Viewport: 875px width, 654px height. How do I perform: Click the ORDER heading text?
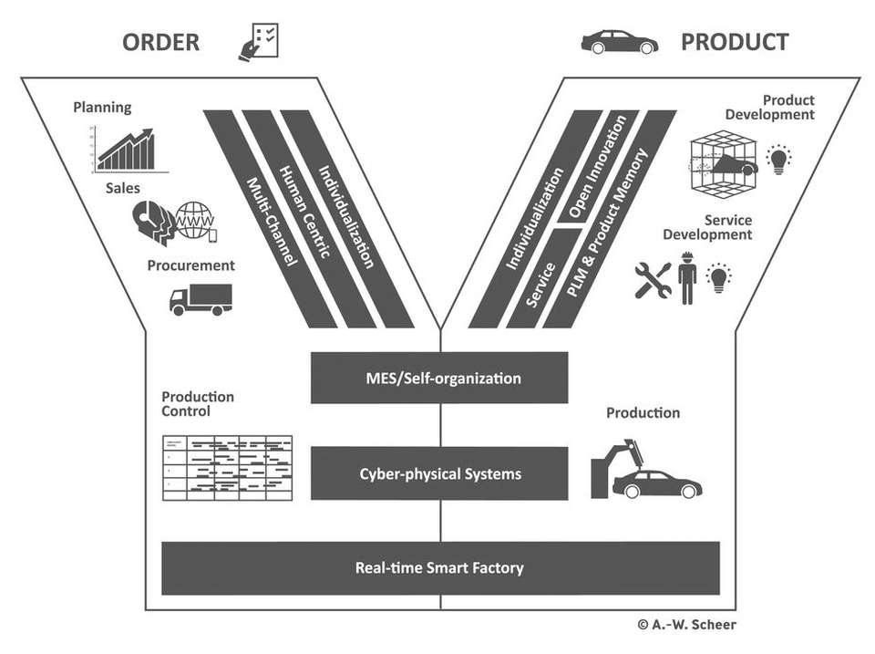click(x=160, y=42)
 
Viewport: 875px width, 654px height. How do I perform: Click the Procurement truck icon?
click(x=201, y=298)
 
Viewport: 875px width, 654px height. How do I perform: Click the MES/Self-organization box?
click(x=439, y=378)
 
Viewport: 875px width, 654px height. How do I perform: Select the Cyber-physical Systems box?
click(x=439, y=474)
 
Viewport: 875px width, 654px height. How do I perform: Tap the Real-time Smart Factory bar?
click(x=439, y=568)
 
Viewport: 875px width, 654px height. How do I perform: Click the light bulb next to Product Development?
click(x=778, y=160)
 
